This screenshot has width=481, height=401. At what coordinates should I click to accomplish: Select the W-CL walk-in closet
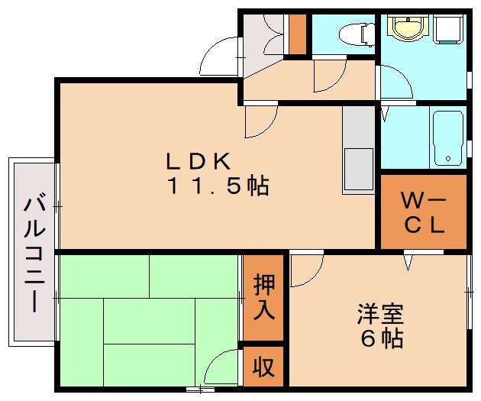pyautogui.click(x=424, y=213)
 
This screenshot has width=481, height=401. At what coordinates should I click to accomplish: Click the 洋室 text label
pyautogui.click(x=379, y=314)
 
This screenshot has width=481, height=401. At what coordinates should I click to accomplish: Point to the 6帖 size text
pyautogui.click(x=379, y=338)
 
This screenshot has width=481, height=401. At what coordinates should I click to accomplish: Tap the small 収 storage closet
pyautogui.click(x=263, y=367)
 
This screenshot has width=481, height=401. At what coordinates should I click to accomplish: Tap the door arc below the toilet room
pyautogui.click(x=330, y=75)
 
